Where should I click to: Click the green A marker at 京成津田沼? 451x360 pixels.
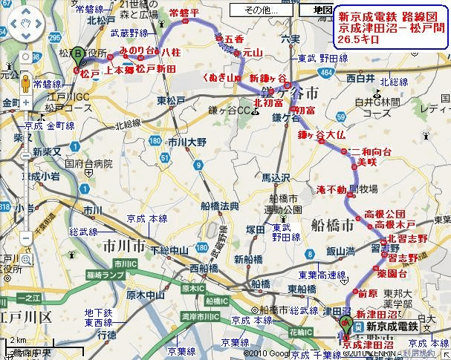click(x=345, y=323)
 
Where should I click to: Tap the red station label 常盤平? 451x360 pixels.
click(x=184, y=13)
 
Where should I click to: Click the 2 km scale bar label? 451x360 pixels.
click(x=16, y=341)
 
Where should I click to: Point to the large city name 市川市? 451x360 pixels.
click(x=125, y=244)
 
